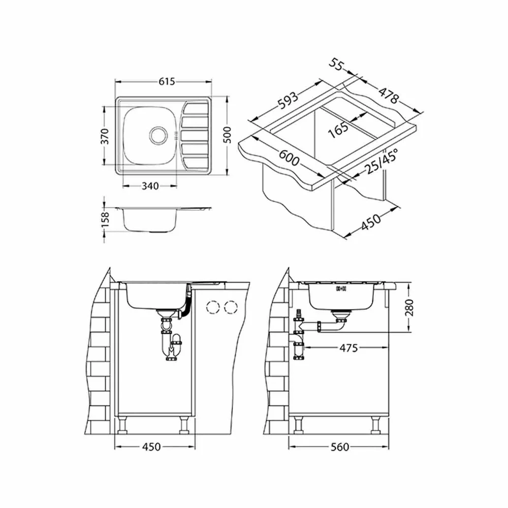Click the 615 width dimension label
pyautogui.click(x=167, y=81)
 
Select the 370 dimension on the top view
pyautogui.click(x=104, y=136)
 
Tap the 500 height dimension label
pyautogui.click(x=227, y=135)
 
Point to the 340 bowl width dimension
pyautogui.click(x=150, y=186)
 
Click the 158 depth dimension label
pyautogui.click(x=105, y=219)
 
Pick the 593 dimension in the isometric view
pyautogui.click(x=288, y=101)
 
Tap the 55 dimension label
pyautogui.click(x=336, y=64)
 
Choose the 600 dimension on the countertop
pyautogui.click(x=289, y=157)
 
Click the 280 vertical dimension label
pyautogui.click(x=409, y=308)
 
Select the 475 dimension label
pyautogui.click(x=348, y=348)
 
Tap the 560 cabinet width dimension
pyautogui.click(x=340, y=447)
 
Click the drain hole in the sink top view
pyautogui.click(x=158, y=134)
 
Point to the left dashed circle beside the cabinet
pyautogui.click(x=213, y=306)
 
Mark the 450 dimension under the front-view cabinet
pyautogui.click(x=151, y=447)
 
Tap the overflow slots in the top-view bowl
pyautogui.click(x=176, y=135)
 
